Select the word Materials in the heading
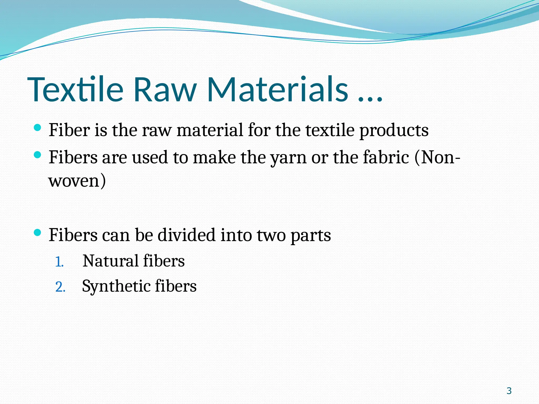tap(278, 89)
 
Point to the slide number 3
tap(509, 391)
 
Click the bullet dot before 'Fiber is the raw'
tap(38, 128)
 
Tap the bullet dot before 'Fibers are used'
tap(38, 155)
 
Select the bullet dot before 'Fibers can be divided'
tap(38, 233)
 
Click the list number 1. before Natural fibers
tap(59, 262)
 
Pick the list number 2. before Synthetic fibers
tap(60, 287)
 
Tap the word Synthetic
tap(116, 286)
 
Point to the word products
tap(394, 131)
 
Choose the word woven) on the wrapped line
tap(77, 181)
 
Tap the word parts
tap(311, 236)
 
